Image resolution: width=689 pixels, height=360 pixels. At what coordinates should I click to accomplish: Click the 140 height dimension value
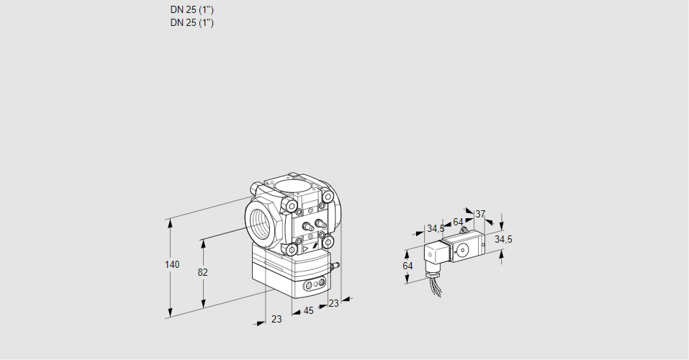coord(171,265)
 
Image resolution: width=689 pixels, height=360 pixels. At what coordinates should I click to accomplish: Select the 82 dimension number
coord(202,272)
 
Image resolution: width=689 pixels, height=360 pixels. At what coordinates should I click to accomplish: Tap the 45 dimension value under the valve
coord(308,310)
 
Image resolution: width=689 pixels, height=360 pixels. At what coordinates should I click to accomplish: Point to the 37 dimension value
coord(480,214)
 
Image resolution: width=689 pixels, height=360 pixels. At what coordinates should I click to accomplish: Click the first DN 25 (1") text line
coord(192,10)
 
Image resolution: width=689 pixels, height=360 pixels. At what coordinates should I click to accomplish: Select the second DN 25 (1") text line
coord(192,22)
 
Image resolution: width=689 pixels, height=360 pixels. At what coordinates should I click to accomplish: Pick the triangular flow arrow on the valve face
coord(306,249)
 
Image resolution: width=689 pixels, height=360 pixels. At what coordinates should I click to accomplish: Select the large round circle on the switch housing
coord(461,251)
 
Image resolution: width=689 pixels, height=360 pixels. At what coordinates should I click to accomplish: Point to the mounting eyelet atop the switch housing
coord(463,230)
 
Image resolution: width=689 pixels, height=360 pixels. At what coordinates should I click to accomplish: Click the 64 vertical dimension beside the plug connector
coord(407,266)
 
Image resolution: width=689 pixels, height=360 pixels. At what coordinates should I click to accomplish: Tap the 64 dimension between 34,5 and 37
coord(458,222)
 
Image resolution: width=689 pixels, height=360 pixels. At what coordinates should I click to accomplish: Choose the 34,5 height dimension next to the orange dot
coord(503,239)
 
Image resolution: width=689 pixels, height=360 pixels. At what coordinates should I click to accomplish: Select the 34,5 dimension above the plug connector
coord(435,229)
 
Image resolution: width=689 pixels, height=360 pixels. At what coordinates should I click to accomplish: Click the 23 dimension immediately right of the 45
coord(333,303)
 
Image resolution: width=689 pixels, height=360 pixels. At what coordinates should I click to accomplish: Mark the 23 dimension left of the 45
coord(276,319)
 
